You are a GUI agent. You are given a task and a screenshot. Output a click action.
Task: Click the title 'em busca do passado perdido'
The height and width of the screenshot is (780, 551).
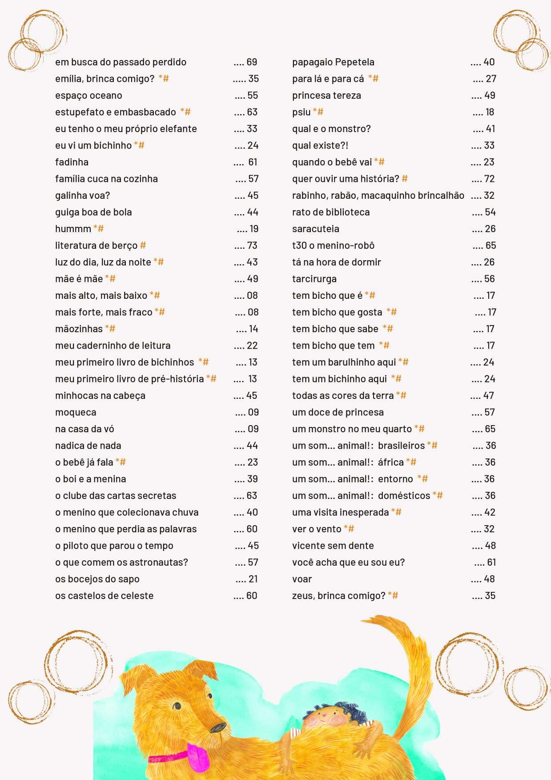[x=121, y=62]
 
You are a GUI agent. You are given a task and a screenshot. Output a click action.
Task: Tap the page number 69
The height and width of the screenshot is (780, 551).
[x=252, y=62]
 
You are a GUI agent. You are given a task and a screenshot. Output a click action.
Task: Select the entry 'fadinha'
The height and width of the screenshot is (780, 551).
[x=72, y=162]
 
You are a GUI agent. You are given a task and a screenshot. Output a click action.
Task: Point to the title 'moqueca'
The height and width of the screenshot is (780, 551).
[x=76, y=413]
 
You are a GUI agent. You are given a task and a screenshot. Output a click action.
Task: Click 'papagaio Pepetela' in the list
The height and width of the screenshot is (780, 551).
[x=333, y=62]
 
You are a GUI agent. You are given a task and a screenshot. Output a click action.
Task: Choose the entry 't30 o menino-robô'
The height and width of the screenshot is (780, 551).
[x=333, y=246]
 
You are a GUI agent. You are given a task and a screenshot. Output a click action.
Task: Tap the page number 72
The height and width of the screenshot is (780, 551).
[x=489, y=179]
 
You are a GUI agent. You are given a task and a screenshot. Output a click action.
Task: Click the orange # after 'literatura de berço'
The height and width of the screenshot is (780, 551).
[x=143, y=245]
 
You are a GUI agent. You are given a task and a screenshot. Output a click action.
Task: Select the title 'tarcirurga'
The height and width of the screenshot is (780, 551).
[x=314, y=279]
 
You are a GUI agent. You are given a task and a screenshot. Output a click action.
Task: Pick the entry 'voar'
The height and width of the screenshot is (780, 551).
[x=302, y=579]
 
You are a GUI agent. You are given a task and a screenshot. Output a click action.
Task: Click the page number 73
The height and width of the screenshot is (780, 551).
[x=252, y=246]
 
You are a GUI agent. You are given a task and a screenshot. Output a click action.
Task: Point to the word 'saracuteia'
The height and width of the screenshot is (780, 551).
[x=315, y=229]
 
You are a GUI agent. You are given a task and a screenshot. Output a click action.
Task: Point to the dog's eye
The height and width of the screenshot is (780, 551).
[x=177, y=706]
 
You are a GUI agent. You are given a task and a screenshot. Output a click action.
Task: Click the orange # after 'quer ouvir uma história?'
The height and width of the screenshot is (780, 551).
[x=405, y=179]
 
